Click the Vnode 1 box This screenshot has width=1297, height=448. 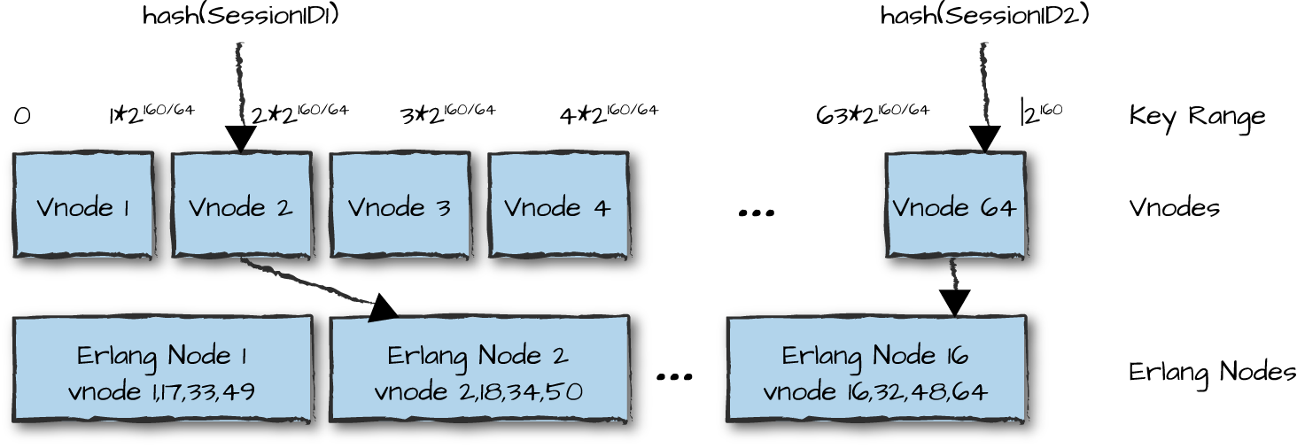(x=83, y=205)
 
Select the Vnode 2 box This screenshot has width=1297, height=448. (x=241, y=205)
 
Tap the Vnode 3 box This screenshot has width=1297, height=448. (x=400, y=205)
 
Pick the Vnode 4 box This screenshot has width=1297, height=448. (x=558, y=205)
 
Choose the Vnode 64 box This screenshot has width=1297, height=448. (x=955, y=205)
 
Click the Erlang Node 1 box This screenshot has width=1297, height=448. (x=162, y=369)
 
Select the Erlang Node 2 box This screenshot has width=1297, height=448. (x=479, y=369)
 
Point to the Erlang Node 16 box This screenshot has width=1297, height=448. (x=875, y=369)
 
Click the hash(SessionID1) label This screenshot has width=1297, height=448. (x=241, y=16)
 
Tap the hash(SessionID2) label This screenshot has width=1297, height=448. (x=984, y=16)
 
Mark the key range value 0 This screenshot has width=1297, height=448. (x=22, y=116)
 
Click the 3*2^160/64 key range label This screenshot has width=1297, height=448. (x=447, y=114)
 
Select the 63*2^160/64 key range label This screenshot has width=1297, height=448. (x=872, y=114)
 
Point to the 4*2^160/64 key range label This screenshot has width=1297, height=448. (x=609, y=114)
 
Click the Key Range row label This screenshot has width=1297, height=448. (x=1197, y=116)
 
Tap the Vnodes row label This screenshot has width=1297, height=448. (x=1174, y=207)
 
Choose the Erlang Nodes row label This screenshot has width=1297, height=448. (x=1212, y=371)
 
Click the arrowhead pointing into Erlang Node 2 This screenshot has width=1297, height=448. (x=383, y=306)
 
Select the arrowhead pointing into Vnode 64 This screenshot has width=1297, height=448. (x=984, y=139)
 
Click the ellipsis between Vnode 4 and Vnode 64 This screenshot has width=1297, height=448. (x=757, y=212)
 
